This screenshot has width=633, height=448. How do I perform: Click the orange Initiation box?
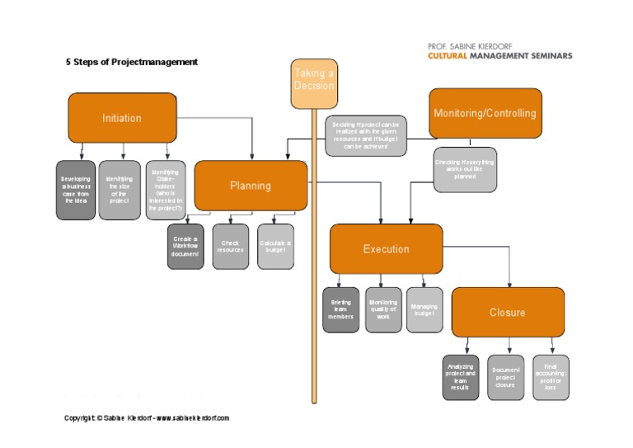[x=122, y=118]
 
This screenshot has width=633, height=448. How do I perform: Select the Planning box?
[x=251, y=186]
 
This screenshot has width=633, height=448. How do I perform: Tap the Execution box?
[x=386, y=248]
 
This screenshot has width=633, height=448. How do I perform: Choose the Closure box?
[x=507, y=313]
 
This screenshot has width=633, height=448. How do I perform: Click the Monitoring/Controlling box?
[x=485, y=113]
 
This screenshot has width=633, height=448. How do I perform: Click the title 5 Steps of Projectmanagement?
[x=132, y=62]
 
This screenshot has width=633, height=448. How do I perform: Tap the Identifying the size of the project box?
[x=120, y=190]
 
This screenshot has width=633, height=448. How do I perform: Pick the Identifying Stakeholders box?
[x=166, y=190]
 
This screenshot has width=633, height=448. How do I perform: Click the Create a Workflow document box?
[x=185, y=247]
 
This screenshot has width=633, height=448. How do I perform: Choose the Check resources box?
[x=230, y=247]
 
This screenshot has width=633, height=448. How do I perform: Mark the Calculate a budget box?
[x=275, y=247]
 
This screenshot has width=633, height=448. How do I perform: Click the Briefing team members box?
[x=340, y=310]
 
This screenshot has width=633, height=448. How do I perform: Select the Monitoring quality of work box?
[x=383, y=310]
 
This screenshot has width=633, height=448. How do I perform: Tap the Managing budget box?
[x=424, y=310]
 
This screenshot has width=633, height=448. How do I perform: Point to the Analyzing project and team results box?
[x=461, y=377]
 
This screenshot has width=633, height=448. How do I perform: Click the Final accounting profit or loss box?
[x=550, y=377]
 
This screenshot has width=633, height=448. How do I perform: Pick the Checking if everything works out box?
[x=465, y=169]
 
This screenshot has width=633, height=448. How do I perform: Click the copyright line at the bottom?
[x=147, y=418]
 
